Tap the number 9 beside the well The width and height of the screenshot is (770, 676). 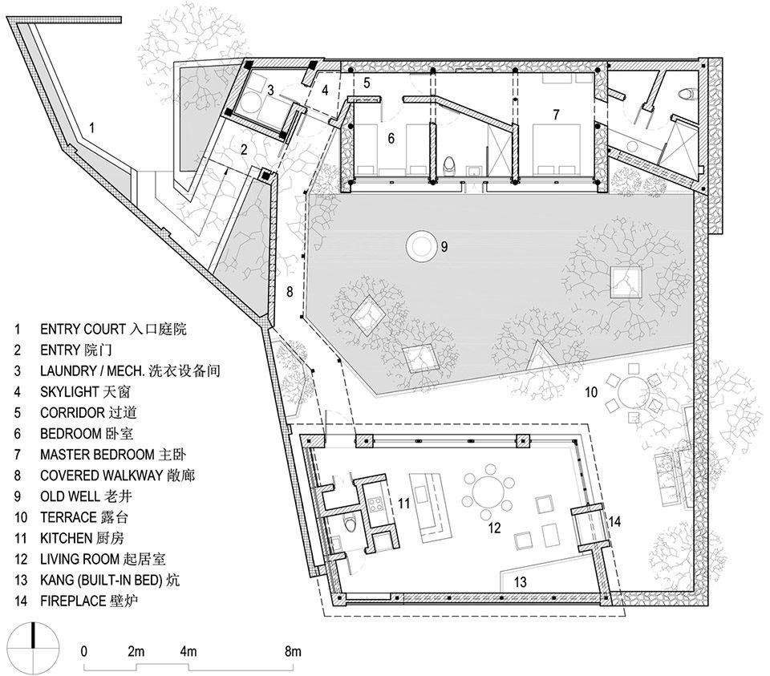click(444, 246)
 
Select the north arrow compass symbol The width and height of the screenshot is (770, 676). click(33, 646)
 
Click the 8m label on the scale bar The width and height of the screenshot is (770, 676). click(293, 652)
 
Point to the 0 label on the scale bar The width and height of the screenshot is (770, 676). click(84, 652)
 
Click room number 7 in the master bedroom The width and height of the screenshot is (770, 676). click(556, 115)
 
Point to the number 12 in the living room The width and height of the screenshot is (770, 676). click(494, 528)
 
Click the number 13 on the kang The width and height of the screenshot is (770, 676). click(520, 582)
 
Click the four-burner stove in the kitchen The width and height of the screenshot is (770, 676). click(376, 504)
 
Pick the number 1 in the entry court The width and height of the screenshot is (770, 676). click(91, 128)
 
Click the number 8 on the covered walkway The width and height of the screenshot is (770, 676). click(290, 292)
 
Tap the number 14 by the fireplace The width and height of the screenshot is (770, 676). click(614, 521)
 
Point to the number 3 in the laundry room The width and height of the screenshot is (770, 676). click(270, 91)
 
